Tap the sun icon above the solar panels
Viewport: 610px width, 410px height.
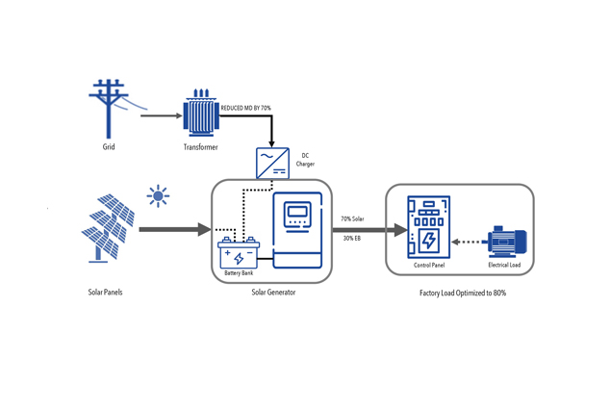click(158, 196)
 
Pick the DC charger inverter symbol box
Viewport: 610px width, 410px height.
click(272, 163)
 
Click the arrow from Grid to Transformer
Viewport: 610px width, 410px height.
click(161, 115)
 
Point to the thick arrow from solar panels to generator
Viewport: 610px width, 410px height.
click(173, 229)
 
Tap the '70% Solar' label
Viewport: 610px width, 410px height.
click(352, 219)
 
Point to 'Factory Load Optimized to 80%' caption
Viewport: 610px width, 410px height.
click(462, 293)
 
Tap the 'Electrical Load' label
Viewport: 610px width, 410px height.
click(504, 265)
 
